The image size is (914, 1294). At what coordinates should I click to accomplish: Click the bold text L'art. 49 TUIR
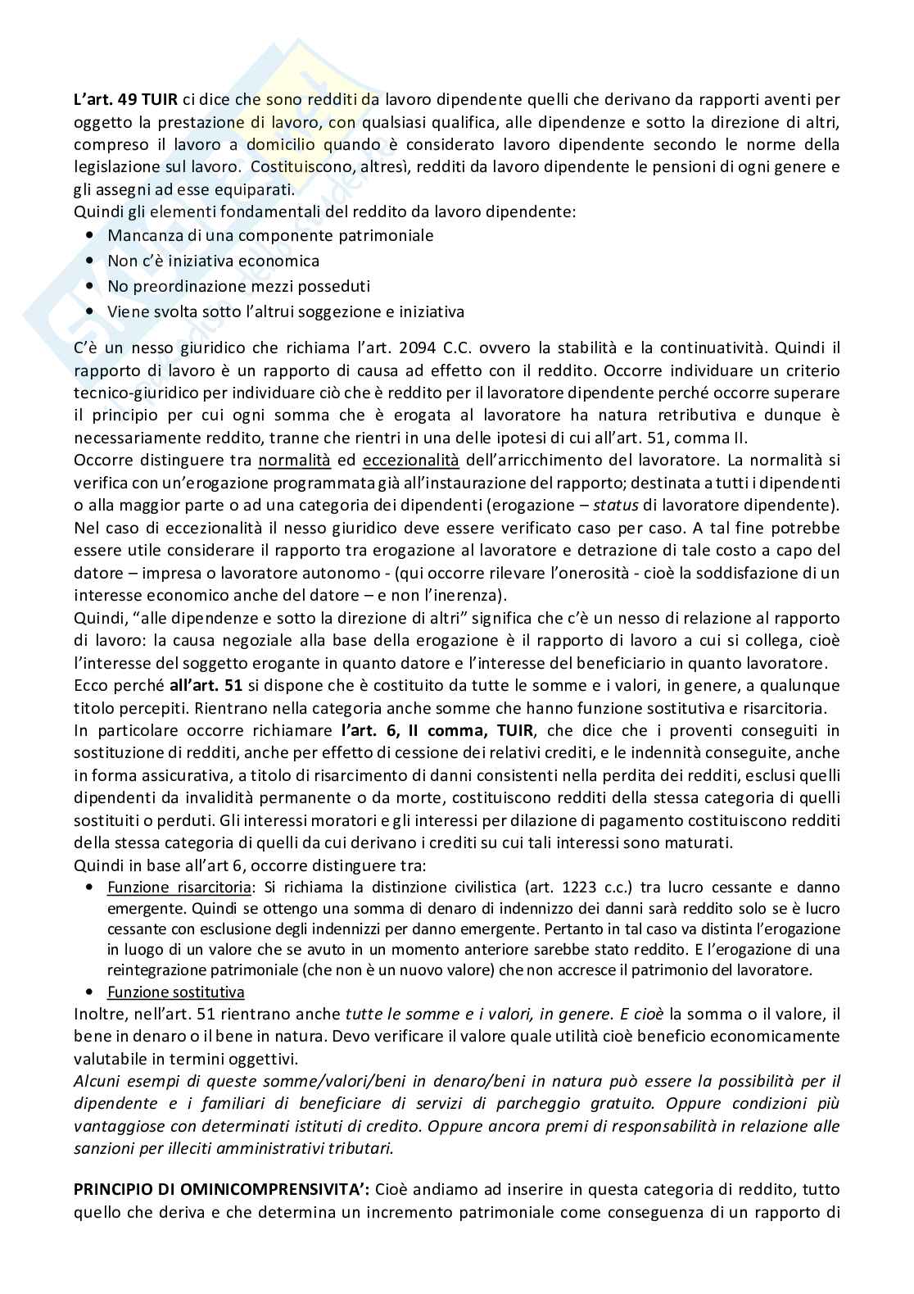point(123,99)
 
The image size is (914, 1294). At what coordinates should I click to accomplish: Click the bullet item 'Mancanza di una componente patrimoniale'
point(270,235)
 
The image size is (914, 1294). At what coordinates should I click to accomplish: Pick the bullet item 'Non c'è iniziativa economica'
point(213,261)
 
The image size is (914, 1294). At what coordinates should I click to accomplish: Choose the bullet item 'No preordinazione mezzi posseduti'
point(238,286)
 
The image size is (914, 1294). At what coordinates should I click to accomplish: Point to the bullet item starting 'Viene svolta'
point(286,311)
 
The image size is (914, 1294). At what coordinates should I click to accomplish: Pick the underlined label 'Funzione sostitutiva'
point(175,992)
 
